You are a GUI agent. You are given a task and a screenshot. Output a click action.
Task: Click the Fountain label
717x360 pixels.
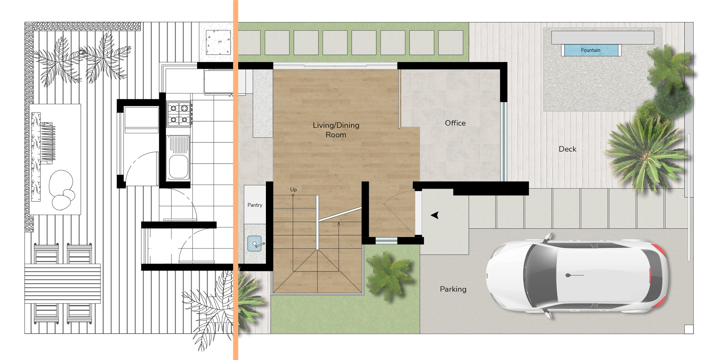[591, 50]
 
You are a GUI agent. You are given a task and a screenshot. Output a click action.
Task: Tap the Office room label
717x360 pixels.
[455, 123]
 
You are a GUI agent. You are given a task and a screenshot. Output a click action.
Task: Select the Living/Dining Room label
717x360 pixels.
[336, 130]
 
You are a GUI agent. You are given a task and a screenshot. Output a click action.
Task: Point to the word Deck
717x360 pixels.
[567, 149]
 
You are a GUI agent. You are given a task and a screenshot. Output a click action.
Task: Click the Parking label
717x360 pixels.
[453, 289]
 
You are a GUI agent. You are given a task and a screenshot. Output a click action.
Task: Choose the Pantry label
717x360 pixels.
[255, 205]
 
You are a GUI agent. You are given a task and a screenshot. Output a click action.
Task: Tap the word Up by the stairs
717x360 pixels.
[293, 189]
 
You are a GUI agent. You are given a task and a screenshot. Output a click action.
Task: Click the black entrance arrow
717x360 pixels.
[435, 215]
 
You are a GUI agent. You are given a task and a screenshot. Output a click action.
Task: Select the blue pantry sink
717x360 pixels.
[254, 243]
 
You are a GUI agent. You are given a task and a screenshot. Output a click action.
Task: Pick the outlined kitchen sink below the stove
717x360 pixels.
[178, 166]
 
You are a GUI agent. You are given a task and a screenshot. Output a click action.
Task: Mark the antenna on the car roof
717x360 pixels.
[568, 275]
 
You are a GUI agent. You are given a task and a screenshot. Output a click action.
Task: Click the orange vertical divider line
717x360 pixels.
[235, 180]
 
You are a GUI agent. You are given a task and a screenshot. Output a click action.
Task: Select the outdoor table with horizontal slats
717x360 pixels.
[63, 283]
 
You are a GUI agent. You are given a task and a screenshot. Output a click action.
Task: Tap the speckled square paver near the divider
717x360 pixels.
[218, 42]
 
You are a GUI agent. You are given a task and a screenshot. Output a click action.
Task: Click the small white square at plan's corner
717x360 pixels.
[689, 329]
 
